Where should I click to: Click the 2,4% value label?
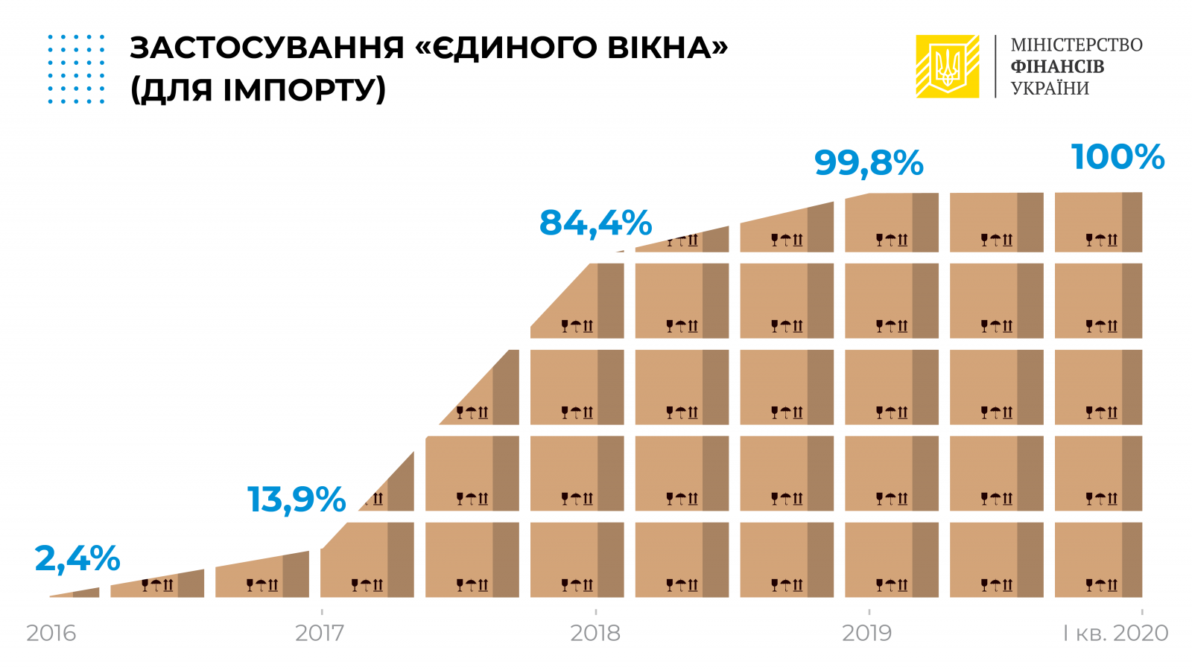(77, 558)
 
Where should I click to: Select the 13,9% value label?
(297, 500)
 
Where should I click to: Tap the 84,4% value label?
(595, 223)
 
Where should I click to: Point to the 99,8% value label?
(869, 163)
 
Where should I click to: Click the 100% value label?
(1117, 157)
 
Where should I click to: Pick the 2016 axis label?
(51, 633)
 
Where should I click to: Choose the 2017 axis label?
(320, 633)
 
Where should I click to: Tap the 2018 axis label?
(595, 633)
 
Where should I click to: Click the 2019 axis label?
(867, 633)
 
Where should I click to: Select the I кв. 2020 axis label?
(1115, 633)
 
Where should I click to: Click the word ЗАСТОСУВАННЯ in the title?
(267, 48)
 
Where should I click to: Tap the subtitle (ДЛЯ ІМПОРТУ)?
(258, 90)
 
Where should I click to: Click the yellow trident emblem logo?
(948, 66)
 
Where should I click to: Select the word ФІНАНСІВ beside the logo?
(1057, 66)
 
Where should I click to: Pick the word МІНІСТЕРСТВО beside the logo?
(1077, 45)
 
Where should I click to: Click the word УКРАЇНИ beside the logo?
(1050, 88)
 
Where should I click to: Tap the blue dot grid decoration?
(77, 68)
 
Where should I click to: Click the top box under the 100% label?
(1098, 222)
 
